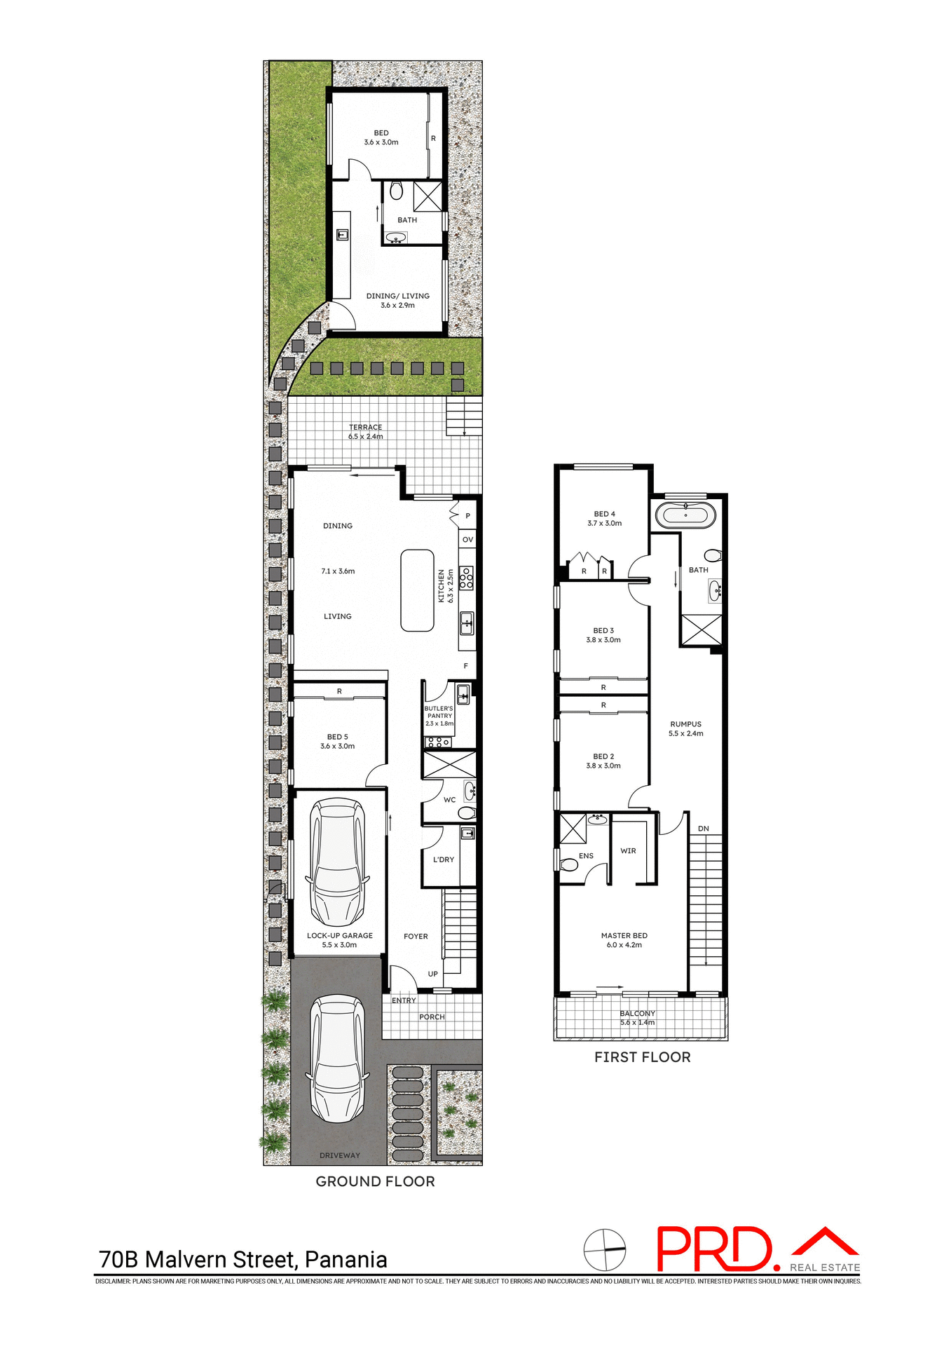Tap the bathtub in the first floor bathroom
coord(685,515)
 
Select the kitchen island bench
coord(417,590)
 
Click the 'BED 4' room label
coord(604,514)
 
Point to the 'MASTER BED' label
coord(624,935)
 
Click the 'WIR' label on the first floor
coord(628,850)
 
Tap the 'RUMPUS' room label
coord(685,723)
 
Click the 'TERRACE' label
coord(366,427)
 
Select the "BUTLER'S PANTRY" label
coord(439,712)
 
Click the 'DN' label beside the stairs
coord(703,829)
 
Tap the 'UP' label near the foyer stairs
coord(432,974)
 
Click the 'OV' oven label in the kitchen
coord(467,539)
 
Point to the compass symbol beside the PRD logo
coord(604,1249)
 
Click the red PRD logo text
coord(713,1249)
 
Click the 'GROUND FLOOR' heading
coord(375,1181)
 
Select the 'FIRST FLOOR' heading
coord(642,1057)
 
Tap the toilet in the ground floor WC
coord(466,813)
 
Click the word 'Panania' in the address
coord(345,1259)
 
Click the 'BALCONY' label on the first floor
coord(637,1013)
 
